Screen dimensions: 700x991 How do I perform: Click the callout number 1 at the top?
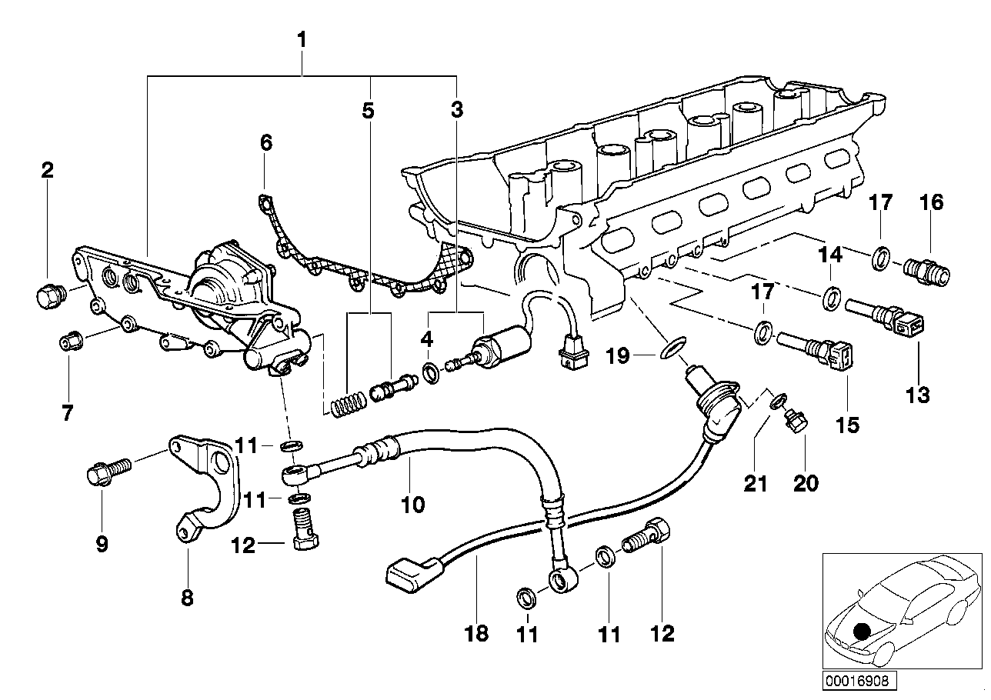pos(302,39)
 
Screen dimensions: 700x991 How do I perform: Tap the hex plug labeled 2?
pos(49,294)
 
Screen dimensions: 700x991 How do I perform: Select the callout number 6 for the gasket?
pos(266,142)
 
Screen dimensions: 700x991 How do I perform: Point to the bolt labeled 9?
pos(104,472)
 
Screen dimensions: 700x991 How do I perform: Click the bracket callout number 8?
pos(187,597)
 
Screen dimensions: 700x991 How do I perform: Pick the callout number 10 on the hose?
pos(412,505)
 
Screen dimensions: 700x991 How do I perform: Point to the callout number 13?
pos(918,395)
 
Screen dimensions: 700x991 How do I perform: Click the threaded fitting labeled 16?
pos(927,270)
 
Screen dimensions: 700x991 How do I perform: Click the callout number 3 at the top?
pos(457,110)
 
